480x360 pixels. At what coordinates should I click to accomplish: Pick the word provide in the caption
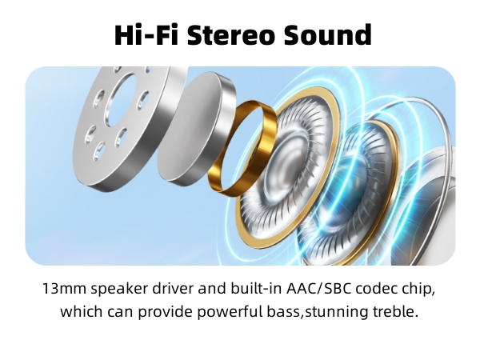(x=155, y=311)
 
